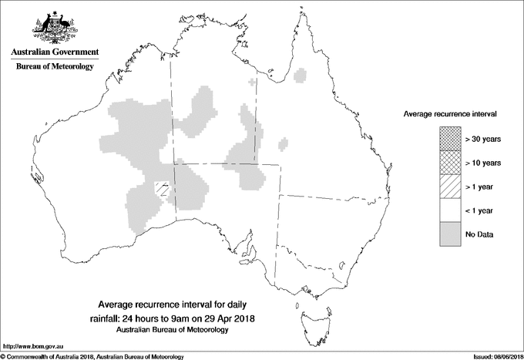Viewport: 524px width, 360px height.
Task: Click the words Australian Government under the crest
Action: click(55, 52)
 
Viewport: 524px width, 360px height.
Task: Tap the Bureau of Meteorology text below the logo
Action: click(55, 66)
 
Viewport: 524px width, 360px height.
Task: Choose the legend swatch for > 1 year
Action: click(451, 186)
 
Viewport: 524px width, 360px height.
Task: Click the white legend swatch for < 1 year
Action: click(451, 210)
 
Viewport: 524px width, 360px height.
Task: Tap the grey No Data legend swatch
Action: click(451, 234)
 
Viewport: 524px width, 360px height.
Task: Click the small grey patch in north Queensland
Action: click(301, 75)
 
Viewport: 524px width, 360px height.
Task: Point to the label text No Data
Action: click(479, 234)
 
